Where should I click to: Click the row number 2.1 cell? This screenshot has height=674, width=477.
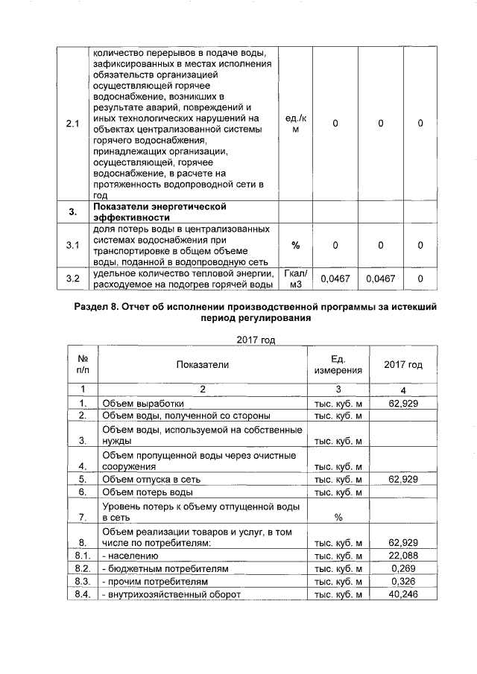(72, 124)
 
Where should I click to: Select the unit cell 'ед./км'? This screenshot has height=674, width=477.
(294, 124)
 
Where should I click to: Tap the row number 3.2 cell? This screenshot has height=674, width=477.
(72, 279)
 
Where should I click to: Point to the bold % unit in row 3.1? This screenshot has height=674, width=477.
(294, 245)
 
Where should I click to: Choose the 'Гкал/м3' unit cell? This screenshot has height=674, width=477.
(294, 279)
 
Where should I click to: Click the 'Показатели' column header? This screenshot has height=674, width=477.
(203, 364)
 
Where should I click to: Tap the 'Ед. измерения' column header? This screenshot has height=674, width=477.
(338, 364)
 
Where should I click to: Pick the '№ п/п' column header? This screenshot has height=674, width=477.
(83, 364)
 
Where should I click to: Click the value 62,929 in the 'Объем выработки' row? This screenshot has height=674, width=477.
(403, 403)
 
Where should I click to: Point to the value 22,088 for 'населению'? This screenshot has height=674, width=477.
(403, 556)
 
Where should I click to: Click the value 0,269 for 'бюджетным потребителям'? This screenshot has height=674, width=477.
(403, 568)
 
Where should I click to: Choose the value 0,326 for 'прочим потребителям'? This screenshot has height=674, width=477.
(403, 581)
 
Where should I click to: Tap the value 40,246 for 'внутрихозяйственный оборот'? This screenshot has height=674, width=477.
(403, 594)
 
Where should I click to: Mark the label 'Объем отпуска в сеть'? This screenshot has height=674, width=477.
(151, 479)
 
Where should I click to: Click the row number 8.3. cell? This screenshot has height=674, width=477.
(83, 581)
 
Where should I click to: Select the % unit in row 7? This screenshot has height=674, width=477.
(338, 517)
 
